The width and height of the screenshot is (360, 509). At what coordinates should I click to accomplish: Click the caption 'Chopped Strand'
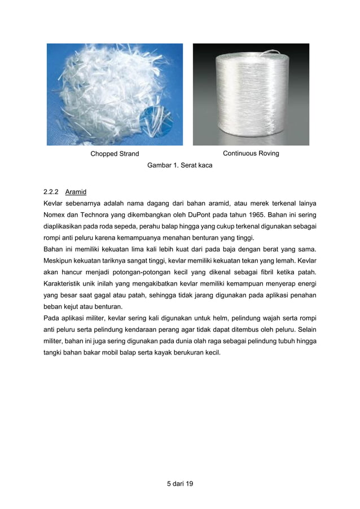115,154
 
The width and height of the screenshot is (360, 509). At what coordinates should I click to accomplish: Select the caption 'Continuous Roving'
251,153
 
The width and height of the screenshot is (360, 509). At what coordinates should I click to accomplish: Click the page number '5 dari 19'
176,483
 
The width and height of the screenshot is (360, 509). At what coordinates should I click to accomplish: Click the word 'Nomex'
55,215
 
